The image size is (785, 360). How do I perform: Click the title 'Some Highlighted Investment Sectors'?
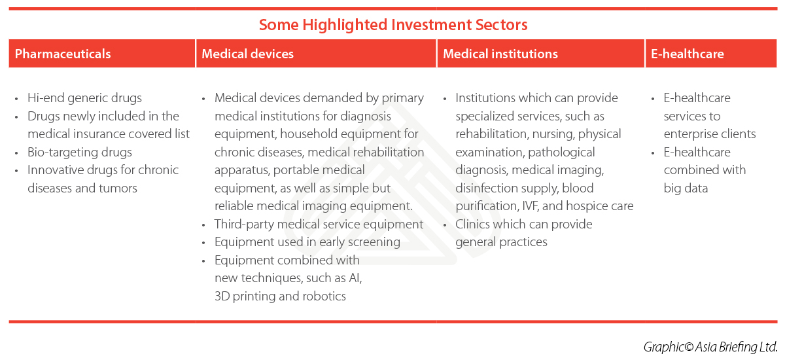pos(392,25)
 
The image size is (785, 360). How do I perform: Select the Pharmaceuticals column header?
pos(63,54)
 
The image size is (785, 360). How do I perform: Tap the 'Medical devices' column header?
pos(247,54)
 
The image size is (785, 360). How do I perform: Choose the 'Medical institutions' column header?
pos(500,54)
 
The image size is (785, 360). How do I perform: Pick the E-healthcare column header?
pos(687,54)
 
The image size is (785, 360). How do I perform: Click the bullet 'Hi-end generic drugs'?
pos(84,98)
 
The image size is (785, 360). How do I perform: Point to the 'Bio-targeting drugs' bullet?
pos(80,153)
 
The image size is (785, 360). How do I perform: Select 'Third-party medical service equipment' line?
pos(319,225)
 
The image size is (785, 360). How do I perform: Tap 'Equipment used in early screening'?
pos(307,242)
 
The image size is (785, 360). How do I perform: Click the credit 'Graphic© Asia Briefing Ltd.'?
pos(710,346)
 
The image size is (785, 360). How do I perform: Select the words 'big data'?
pos(686,189)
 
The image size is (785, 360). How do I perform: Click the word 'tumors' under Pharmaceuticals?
pos(118,189)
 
